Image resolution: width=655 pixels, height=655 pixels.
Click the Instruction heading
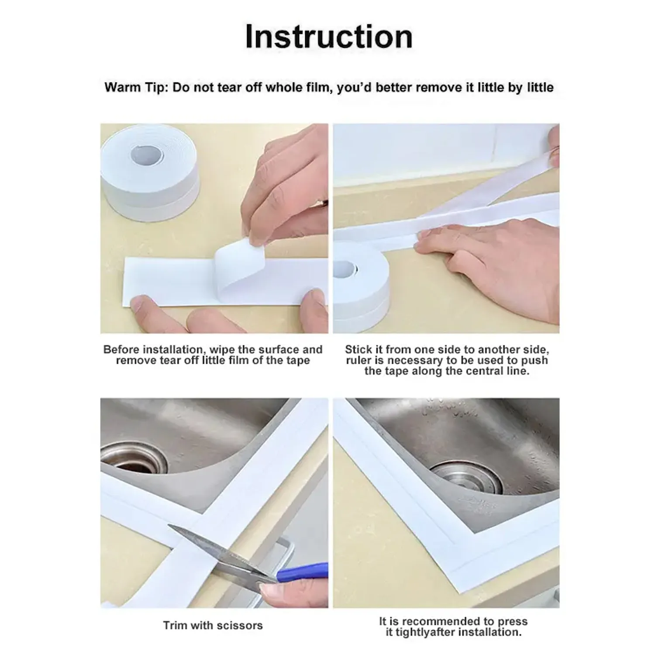(x=328, y=37)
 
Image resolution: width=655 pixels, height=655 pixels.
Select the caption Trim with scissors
(x=213, y=625)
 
